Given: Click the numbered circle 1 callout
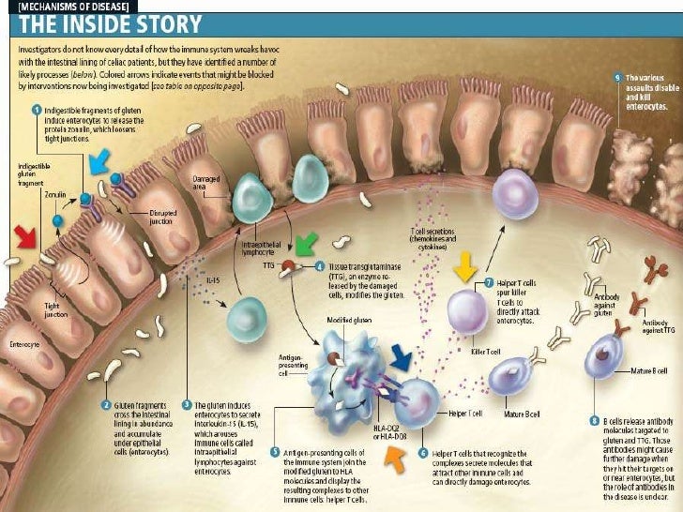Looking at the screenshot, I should click(36, 110).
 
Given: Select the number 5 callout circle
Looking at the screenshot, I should click(274, 454).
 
